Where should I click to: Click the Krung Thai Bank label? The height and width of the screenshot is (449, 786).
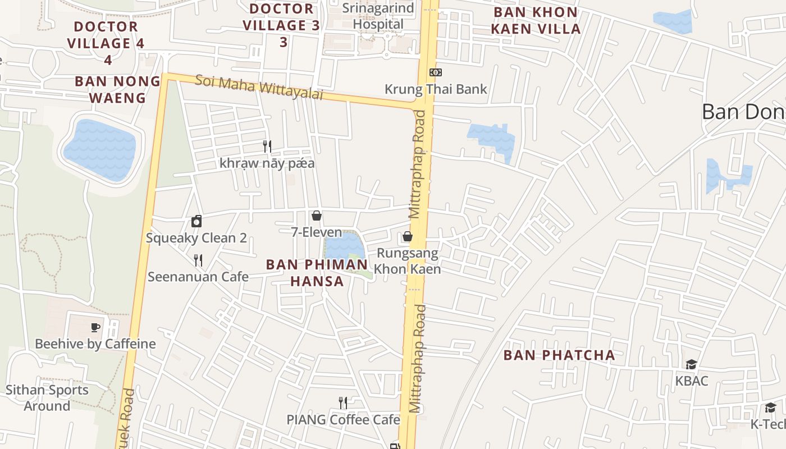[436, 89]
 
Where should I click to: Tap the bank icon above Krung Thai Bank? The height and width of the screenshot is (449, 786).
[435, 72]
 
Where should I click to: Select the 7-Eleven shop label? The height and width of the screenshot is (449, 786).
[317, 232]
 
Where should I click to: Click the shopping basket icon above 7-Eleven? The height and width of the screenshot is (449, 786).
[317, 216]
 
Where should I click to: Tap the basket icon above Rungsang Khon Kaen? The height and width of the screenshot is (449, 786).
[408, 236]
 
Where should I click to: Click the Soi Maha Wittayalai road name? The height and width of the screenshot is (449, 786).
[259, 87]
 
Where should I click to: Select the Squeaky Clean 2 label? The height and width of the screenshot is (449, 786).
[196, 238]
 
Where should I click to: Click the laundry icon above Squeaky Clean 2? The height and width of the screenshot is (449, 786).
[196, 221]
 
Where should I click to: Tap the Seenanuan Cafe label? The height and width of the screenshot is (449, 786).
[198, 277]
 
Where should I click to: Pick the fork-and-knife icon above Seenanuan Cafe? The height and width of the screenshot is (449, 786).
[198, 260]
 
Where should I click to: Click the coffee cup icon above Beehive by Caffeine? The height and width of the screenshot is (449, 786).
[95, 327]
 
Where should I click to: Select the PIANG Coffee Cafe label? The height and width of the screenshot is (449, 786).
[343, 420]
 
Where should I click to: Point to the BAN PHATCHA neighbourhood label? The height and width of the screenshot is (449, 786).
[559, 355]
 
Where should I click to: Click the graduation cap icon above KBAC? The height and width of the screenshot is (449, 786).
[691, 365]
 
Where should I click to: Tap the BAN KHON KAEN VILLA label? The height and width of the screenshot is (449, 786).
[536, 20]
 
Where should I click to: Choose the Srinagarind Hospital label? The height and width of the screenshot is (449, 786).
[378, 16]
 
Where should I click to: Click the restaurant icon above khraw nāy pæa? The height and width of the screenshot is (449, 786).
[267, 146]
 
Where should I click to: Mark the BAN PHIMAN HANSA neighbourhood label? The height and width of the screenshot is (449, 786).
[317, 273]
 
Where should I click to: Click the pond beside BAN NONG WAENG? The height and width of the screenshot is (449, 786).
[100, 149]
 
